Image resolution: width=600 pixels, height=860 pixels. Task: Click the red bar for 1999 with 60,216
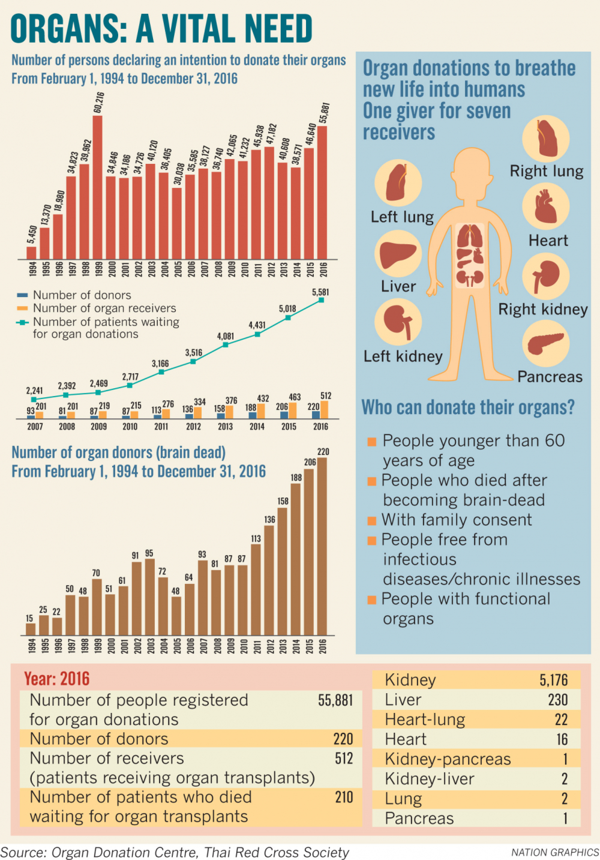[97, 187]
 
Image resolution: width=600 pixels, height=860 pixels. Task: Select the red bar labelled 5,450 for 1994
[31, 253]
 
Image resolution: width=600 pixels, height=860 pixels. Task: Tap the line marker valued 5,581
[321, 300]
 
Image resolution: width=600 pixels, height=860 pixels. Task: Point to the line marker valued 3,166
[161, 372]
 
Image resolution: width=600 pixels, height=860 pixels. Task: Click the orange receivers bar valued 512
[325, 410]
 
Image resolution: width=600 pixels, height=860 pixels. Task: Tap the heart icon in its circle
[546, 206]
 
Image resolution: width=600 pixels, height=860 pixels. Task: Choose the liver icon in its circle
[398, 254]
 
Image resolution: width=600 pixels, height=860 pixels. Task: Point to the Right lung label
[546, 171]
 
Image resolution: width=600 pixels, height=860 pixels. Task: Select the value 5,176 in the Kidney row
[553, 680]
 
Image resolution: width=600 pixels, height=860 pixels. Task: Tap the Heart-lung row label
[425, 720]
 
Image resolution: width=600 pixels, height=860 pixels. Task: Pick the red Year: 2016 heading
[57, 679]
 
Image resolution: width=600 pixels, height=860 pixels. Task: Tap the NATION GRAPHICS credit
[555, 852]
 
